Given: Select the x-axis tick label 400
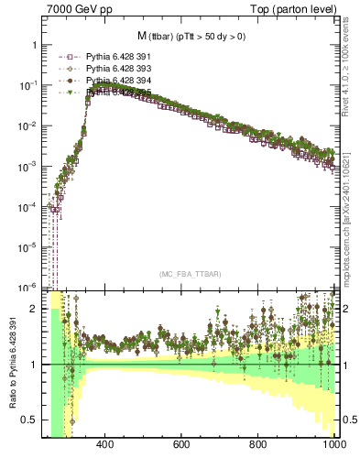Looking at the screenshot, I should point(104,445).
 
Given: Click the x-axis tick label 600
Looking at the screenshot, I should point(181,445).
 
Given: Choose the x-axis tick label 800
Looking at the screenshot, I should point(258,445).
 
